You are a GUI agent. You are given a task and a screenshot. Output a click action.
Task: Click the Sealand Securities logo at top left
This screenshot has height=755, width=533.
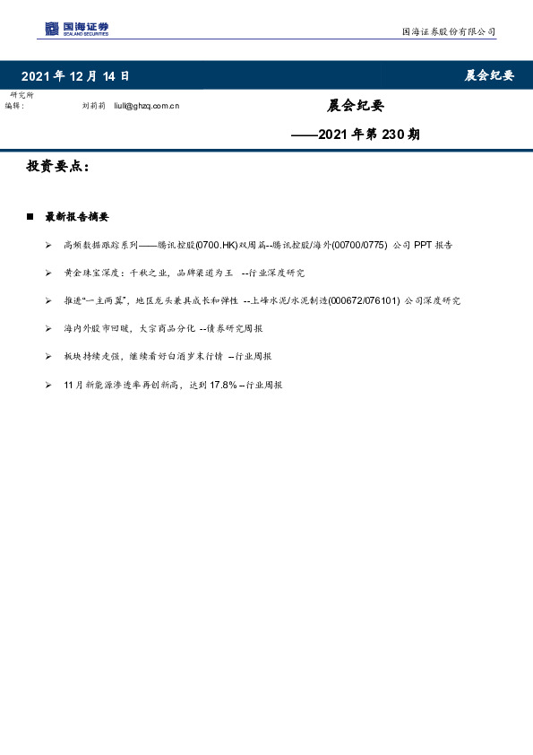click(x=76, y=30)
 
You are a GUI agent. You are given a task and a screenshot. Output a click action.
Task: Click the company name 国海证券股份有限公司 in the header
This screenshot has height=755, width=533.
click(x=448, y=32)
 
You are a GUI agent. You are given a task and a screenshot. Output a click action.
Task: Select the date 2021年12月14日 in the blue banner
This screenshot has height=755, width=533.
click(x=75, y=76)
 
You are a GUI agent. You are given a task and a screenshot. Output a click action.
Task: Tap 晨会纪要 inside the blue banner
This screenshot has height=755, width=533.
click(x=488, y=76)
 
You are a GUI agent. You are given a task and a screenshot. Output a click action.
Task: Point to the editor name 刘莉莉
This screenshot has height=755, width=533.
click(x=93, y=106)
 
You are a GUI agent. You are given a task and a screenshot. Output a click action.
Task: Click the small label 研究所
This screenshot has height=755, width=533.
click(x=20, y=95)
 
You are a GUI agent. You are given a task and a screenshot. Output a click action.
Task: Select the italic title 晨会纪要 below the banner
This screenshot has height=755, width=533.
click(x=356, y=106)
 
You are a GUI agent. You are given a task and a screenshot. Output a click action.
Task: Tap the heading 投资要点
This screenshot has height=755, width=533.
click(x=57, y=167)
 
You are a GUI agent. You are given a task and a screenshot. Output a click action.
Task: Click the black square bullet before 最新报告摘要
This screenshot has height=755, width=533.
click(x=30, y=217)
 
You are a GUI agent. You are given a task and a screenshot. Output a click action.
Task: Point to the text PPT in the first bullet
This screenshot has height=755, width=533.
click(x=423, y=244)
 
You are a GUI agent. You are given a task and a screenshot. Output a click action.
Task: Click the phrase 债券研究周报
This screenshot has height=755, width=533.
click(x=242, y=327)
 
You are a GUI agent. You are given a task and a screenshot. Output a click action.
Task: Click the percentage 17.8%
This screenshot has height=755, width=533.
click(x=222, y=384)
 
